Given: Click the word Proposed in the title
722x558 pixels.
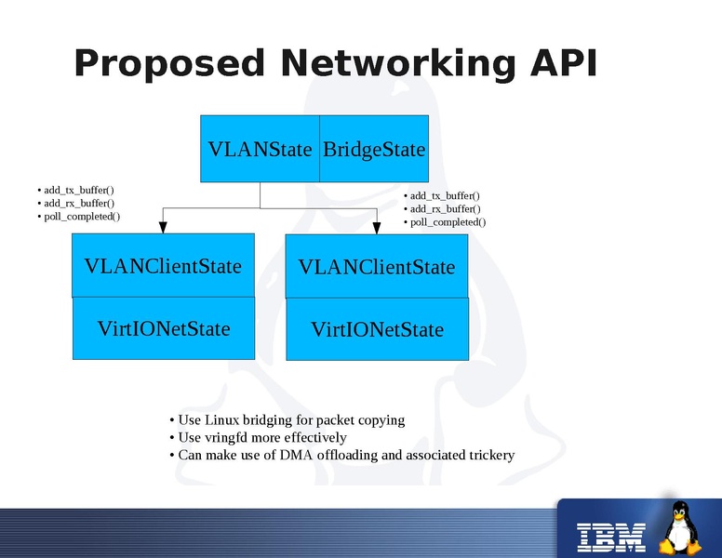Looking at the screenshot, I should pyautogui.click(x=169, y=65).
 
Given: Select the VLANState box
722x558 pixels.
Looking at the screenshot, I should pyautogui.click(x=261, y=149).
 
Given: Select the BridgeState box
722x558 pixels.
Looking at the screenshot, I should pyautogui.click(x=374, y=149).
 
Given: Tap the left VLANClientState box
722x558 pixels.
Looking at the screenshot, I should pyautogui.click(x=163, y=266).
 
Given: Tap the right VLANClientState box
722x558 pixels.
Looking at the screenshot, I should pyautogui.click(x=377, y=267).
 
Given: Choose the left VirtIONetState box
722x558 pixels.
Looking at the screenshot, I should pyautogui.click(x=163, y=328).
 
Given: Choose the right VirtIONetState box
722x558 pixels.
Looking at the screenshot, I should pyautogui.click(x=377, y=329).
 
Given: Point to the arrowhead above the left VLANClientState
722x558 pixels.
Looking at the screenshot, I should pyautogui.click(x=163, y=226).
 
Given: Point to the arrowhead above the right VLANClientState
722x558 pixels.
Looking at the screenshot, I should pyautogui.click(x=377, y=227).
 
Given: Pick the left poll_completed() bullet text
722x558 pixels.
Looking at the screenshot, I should pyautogui.click(x=82, y=216).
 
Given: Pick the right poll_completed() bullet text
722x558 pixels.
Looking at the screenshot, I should pyautogui.click(x=448, y=222).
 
